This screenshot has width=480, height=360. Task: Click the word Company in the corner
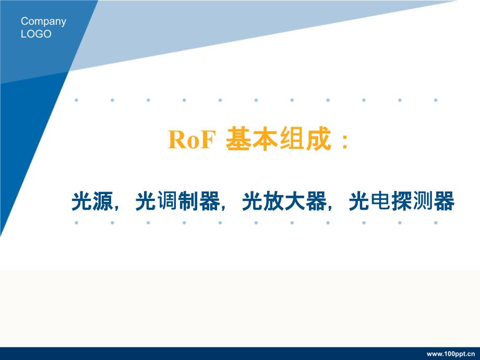(x=43, y=22)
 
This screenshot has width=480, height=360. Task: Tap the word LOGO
(x=36, y=34)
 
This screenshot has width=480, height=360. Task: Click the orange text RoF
(x=191, y=140)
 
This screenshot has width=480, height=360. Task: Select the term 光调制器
(x=178, y=201)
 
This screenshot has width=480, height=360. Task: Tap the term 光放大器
(x=284, y=201)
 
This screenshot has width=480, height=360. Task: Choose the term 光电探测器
(x=401, y=201)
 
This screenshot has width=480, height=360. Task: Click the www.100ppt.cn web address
(x=451, y=354)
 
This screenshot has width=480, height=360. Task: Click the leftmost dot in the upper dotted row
(x=77, y=100)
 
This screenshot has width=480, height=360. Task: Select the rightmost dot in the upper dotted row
(x=436, y=100)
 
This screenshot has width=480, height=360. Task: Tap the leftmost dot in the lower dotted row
(x=77, y=223)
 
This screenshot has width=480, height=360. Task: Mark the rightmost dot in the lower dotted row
(x=436, y=223)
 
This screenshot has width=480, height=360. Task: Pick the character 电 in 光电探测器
(x=380, y=201)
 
